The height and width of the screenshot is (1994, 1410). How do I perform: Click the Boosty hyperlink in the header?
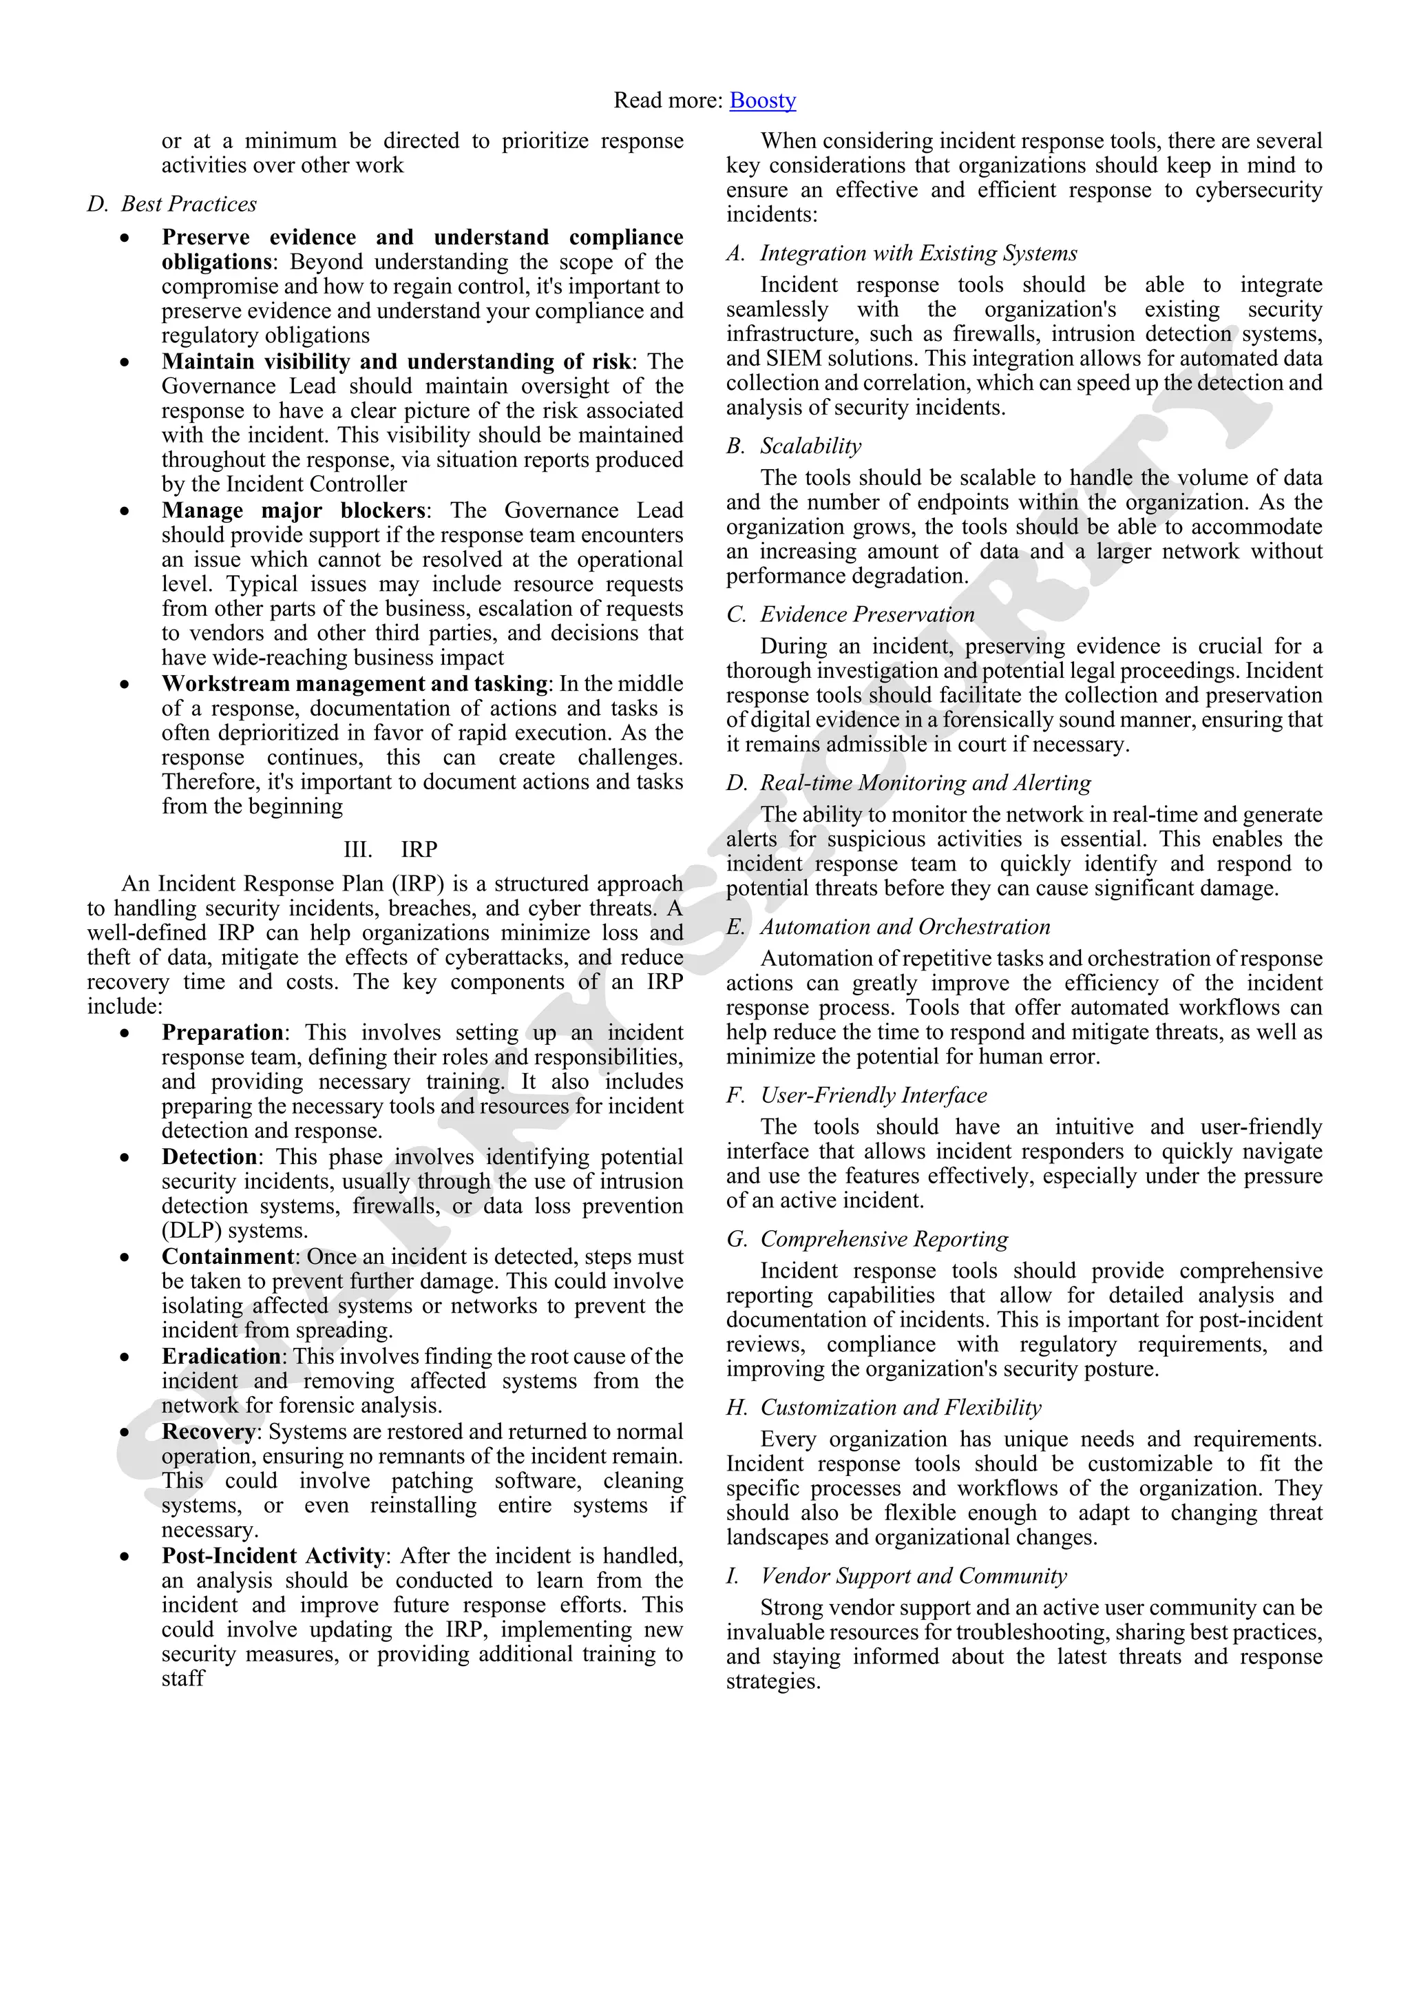point(762,101)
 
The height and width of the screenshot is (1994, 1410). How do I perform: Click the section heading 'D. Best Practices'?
point(172,204)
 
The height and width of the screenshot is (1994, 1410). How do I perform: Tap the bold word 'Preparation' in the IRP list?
point(222,1032)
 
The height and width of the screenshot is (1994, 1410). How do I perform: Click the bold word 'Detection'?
point(209,1157)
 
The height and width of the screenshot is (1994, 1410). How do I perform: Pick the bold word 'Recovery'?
point(209,1431)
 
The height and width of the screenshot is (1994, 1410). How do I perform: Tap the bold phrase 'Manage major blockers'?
point(293,510)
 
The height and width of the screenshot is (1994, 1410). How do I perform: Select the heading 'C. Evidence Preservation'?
point(851,615)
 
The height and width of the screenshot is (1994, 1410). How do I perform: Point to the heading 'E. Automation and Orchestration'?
point(889,928)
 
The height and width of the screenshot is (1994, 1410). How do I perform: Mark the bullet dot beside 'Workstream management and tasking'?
point(126,685)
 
